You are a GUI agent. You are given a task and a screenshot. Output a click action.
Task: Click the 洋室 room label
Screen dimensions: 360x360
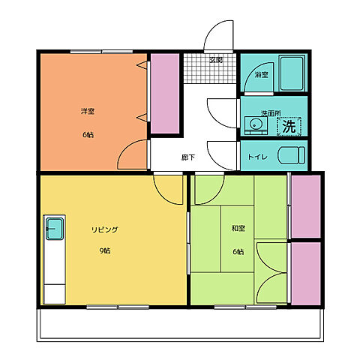88,111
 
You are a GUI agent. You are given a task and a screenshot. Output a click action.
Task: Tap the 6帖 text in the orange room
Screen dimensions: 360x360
88,135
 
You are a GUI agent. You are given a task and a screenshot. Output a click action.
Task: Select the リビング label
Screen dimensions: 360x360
105,229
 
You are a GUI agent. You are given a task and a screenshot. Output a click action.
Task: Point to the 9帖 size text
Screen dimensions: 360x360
105,250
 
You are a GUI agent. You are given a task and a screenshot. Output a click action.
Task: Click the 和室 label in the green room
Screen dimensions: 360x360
238,228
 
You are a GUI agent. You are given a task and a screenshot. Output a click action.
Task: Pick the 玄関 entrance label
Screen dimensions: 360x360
216,60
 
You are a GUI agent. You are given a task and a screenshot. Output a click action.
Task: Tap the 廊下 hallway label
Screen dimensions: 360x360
188,157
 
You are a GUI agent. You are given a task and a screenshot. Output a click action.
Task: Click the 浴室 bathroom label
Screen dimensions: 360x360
262,75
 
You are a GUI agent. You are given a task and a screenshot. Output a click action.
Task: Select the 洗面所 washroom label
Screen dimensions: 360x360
271,113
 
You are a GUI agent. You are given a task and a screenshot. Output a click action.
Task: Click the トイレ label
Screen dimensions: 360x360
258,157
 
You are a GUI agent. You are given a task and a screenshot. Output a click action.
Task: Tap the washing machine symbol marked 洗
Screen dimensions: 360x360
289,126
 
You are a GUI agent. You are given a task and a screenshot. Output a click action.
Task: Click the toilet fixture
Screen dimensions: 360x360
292,155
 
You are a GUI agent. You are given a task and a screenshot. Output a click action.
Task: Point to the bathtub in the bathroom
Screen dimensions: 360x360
292,73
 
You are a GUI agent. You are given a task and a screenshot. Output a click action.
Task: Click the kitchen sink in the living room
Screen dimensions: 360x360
54,229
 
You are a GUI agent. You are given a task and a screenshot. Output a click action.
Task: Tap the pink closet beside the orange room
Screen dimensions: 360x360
165,94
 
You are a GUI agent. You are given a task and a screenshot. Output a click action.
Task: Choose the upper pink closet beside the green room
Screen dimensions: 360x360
306,206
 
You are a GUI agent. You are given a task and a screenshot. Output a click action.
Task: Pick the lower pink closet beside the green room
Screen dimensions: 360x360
306,274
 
